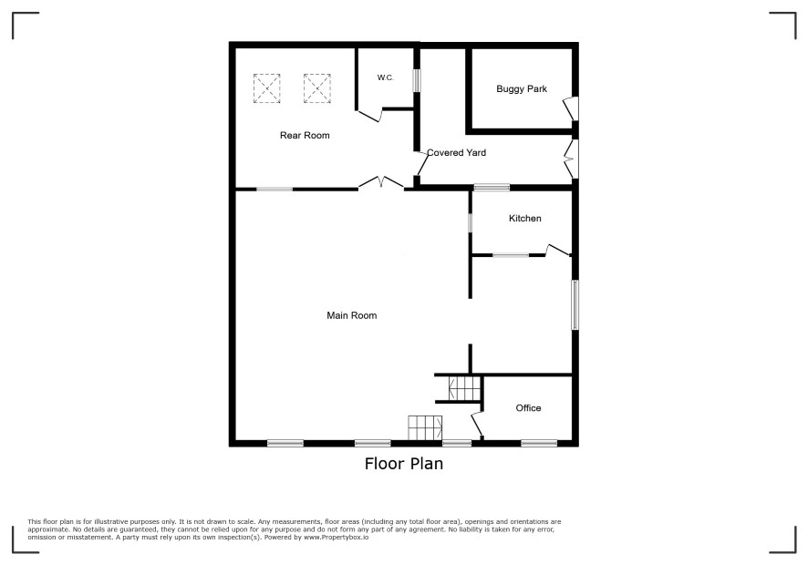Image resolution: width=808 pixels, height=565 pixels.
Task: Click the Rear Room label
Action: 305,136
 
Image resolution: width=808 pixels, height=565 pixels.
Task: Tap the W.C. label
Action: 386,77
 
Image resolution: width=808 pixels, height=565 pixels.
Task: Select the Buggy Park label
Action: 522,89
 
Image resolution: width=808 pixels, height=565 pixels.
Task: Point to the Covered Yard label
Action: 457,152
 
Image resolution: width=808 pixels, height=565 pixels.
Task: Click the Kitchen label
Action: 525,219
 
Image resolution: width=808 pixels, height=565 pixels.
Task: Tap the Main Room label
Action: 351,315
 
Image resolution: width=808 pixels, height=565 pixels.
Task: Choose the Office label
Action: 528,408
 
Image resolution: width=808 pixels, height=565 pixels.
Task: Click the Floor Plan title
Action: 404,464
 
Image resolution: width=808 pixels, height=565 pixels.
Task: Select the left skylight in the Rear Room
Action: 267,88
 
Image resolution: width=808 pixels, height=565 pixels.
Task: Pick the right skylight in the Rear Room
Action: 317,88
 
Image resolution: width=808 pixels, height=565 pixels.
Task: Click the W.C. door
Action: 369,116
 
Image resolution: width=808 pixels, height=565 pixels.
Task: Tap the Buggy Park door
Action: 571,108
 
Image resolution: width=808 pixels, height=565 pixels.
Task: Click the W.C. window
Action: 417,81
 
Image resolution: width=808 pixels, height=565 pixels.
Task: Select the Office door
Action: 477,424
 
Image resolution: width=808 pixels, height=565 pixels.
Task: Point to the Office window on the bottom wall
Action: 539,443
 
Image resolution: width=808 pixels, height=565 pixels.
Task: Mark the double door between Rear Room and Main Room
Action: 381,183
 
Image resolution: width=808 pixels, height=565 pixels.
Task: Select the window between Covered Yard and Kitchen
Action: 492,188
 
